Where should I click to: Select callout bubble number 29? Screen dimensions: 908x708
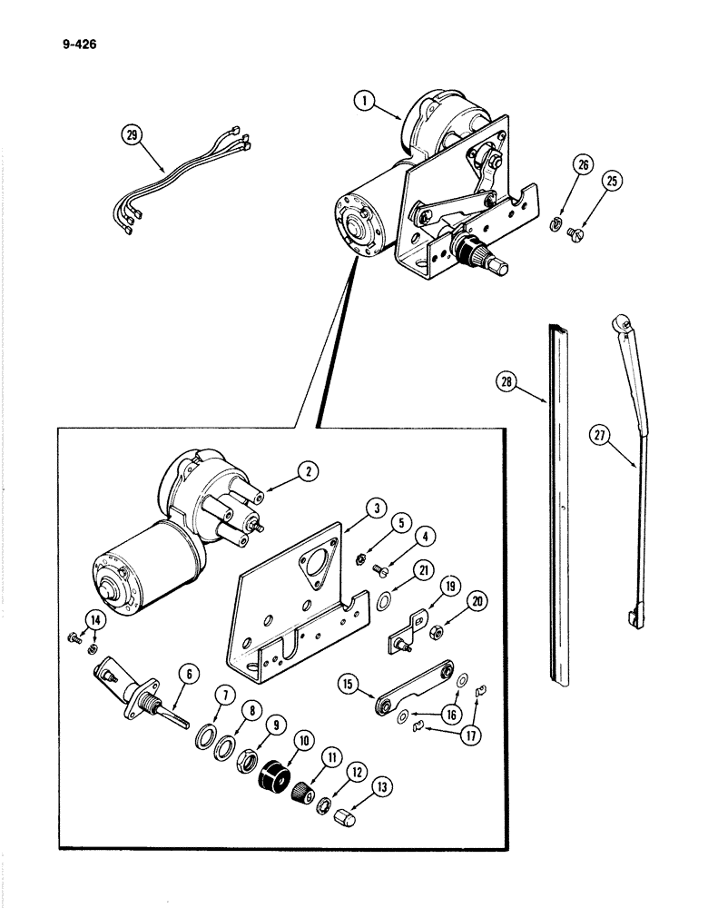(133, 136)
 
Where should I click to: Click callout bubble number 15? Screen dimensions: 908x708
(347, 683)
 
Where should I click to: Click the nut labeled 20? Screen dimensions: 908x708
(437, 631)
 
